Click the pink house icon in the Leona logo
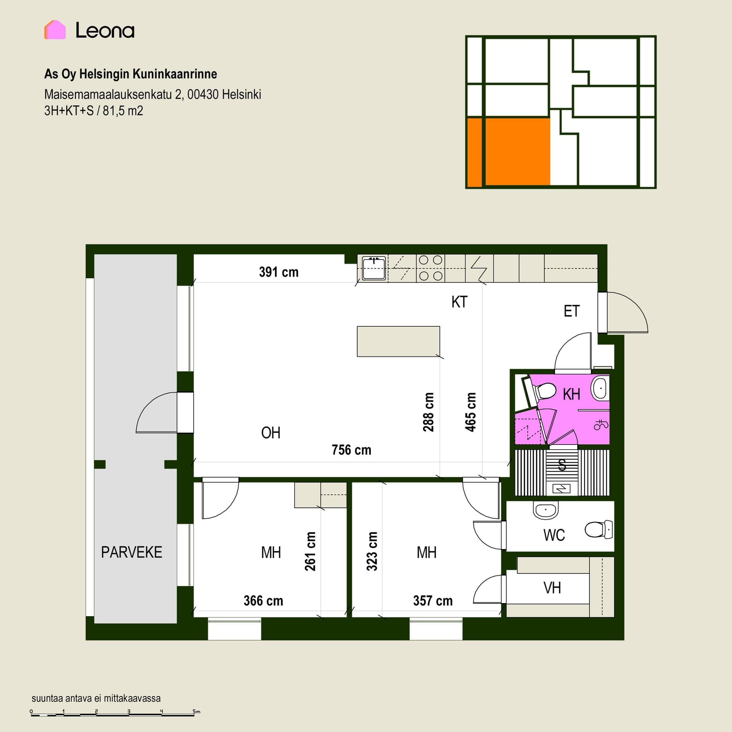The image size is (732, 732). coord(55,30)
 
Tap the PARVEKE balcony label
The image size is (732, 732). coord(132,552)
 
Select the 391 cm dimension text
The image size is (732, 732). coord(279,272)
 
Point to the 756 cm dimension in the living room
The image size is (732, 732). coord(351,450)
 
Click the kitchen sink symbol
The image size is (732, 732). coord(374,268)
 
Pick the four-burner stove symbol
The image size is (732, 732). coord(430,268)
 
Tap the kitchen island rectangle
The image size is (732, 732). coord(398,341)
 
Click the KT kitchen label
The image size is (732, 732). coord(459,302)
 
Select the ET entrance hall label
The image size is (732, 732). coord(571,311)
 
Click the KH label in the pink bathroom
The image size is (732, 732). coord(571,394)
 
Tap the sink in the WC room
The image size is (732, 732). coord(546,510)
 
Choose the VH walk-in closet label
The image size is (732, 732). coord(552,588)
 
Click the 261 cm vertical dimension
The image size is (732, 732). coord(310,551)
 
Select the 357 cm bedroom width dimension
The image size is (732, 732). coord(433,601)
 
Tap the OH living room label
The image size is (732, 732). coord(271,433)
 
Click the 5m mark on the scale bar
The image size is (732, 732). coord(196,711)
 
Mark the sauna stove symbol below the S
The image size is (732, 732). coord(562,488)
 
